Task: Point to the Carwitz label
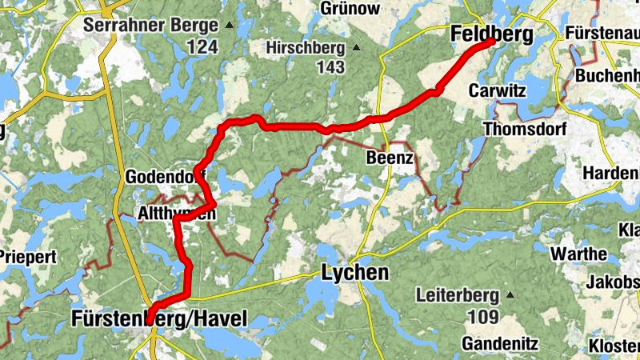point(498,90)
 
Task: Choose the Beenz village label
point(390,158)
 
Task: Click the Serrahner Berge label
point(150,25)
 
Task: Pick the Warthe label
point(579,254)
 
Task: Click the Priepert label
point(28,257)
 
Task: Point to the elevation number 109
point(483,318)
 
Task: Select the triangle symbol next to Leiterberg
point(506,296)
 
